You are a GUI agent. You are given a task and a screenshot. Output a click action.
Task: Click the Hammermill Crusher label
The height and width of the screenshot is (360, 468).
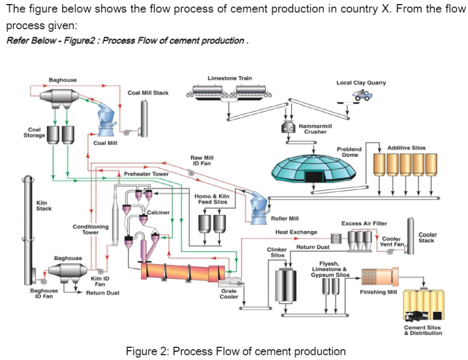pos(315,129)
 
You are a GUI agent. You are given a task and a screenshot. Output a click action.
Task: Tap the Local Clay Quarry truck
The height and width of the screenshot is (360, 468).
pos(362,95)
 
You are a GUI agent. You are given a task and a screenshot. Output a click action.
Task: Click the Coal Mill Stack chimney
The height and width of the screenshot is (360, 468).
pos(145,118)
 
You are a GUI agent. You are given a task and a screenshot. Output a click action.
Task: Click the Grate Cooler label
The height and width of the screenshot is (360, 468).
pos(228,293)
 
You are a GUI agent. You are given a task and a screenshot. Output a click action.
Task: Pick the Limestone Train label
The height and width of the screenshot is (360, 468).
pos(229,78)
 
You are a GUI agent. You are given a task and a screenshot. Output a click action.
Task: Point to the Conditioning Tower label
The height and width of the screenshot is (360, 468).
pos(90,229)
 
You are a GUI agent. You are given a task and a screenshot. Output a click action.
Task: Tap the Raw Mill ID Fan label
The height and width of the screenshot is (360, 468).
pos(202,161)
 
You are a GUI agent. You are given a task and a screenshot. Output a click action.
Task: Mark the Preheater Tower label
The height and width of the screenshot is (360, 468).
pos(146,174)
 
